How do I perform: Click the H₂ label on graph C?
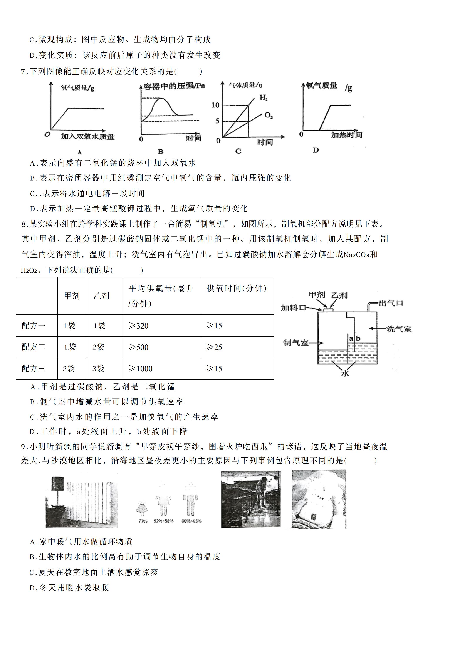pos(264,98)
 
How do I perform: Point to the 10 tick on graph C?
pos(216,105)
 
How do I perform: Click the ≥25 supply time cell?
pos(214,347)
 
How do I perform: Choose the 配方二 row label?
pos(34,347)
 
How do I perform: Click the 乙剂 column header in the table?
pos(101,296)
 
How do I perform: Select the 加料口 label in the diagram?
pos(293,308)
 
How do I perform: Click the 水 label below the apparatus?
pos(345,373)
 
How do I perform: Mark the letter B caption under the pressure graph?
pos(161,151)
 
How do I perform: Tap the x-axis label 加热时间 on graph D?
pos(347,135)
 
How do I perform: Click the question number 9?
pos(24,447)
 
